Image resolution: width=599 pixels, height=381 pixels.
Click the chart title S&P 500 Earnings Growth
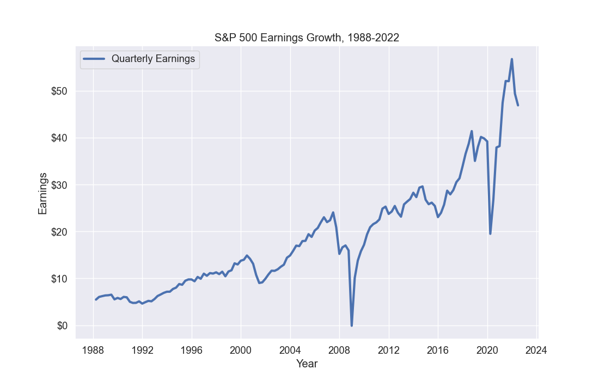tap(307, 38)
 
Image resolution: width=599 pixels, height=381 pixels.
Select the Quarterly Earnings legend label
tap(153, 59)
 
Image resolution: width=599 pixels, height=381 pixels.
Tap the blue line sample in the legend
tap(94, 59)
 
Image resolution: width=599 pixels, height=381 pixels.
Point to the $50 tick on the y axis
tap(59, 91)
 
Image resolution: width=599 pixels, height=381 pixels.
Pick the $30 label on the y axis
tap(59, 185)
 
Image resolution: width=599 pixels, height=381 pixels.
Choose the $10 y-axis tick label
tap(59, 279)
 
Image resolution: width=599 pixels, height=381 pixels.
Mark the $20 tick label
tap(59, 232)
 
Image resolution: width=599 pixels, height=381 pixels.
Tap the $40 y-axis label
tap(59, 138)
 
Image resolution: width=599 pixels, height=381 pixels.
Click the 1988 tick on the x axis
tap(93, 349)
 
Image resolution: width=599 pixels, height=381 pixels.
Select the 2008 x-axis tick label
tap(339, 349)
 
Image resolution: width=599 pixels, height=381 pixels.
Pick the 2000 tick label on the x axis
tap(241, 349)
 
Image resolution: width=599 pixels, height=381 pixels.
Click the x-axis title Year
tap(307, 363)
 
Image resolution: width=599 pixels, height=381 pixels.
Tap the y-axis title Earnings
tap(42, 193)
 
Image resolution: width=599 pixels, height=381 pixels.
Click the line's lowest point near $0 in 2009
tap(352, 325)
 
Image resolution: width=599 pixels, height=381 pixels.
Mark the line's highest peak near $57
tap(512, 59)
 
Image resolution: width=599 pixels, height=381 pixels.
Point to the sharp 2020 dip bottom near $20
tap(490, 233)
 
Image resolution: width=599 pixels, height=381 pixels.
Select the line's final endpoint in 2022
tap(518, 105)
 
